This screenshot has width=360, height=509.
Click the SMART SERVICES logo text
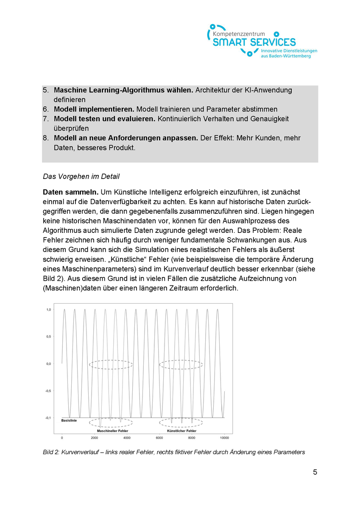click(254, 42)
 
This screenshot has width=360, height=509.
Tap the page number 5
click(315, 472)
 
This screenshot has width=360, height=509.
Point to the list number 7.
click(45, 119)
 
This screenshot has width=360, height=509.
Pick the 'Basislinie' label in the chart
click(69, 421)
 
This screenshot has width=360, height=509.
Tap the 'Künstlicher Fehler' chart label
click(181, 431)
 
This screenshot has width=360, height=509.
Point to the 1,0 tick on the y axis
click(48, 310)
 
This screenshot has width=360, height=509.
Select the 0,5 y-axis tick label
click(48, 337)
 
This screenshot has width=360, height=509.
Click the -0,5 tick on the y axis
click(48, 391)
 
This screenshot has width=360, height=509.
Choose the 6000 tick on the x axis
click(159, 437)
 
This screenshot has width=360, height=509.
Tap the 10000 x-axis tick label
click(224, 437)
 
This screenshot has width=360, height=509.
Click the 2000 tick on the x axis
click(94, 437)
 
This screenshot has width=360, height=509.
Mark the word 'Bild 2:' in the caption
click(53, 452)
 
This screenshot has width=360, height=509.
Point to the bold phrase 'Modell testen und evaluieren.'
click(105, 119)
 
